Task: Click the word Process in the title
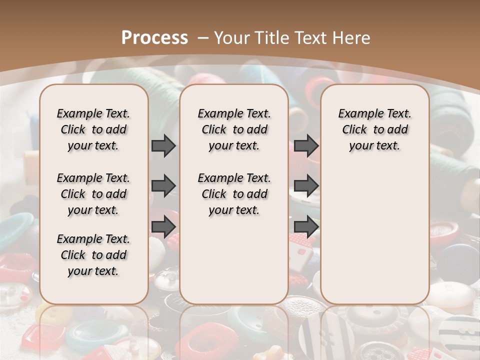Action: [154, 37]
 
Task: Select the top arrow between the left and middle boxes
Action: [163, 145]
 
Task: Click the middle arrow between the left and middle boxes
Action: [163, 186]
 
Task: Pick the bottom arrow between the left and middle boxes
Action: [163, 227]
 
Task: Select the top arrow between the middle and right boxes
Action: [306, 145]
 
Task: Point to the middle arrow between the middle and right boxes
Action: [306, 186]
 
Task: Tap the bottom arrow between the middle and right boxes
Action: [306, 227]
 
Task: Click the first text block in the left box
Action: [93, 129]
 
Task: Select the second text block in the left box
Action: [93, 194]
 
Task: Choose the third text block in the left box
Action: [93, 255]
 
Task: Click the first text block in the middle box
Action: [234, 129]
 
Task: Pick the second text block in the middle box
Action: [234, 194]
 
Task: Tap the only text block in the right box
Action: [374, 129]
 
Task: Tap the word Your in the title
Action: [233, 37]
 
